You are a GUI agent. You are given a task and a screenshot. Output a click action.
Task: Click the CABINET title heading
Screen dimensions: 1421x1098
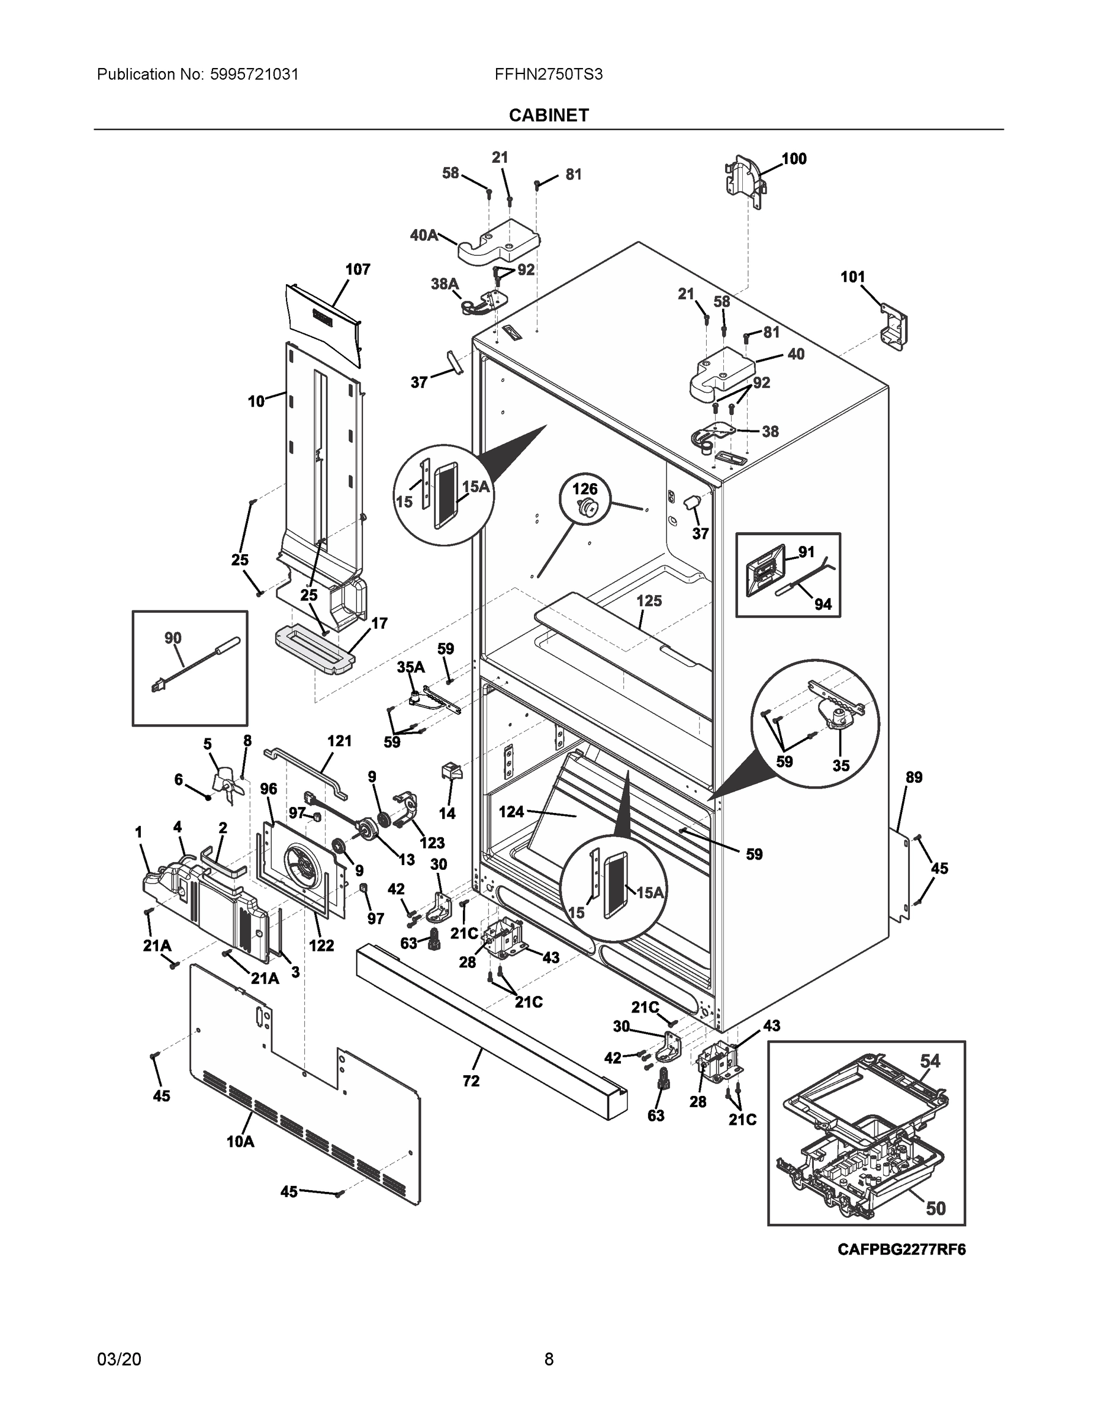coord(548,115)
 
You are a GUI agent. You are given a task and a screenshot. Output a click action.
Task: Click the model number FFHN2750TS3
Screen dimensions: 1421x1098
coord(548,75)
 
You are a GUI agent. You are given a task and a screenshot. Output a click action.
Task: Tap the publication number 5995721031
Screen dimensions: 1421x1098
coord(255,75)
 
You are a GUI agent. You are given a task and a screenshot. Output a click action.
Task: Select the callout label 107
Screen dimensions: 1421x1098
coord(357,269)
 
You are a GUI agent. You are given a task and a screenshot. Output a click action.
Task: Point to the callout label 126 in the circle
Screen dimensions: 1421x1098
coord(584,488)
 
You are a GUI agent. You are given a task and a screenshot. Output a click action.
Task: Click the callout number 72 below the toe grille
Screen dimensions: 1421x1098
coord(471,1081)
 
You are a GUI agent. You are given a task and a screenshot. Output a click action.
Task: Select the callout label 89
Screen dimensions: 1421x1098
coord(913,777)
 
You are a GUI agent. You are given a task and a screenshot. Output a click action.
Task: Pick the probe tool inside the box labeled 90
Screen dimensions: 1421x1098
coord(195,664)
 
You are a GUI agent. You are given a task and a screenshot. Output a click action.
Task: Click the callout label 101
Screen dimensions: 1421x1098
coord(852,277)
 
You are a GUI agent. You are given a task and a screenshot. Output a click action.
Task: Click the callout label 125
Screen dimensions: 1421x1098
coord(649,600)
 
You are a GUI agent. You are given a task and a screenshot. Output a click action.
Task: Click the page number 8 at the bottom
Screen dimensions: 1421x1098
coord(548,1359)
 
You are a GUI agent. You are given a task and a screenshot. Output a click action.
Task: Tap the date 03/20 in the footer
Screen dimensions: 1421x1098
coord(119,1359)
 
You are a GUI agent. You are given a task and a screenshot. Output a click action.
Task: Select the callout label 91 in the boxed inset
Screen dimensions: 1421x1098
coord(806,552)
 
